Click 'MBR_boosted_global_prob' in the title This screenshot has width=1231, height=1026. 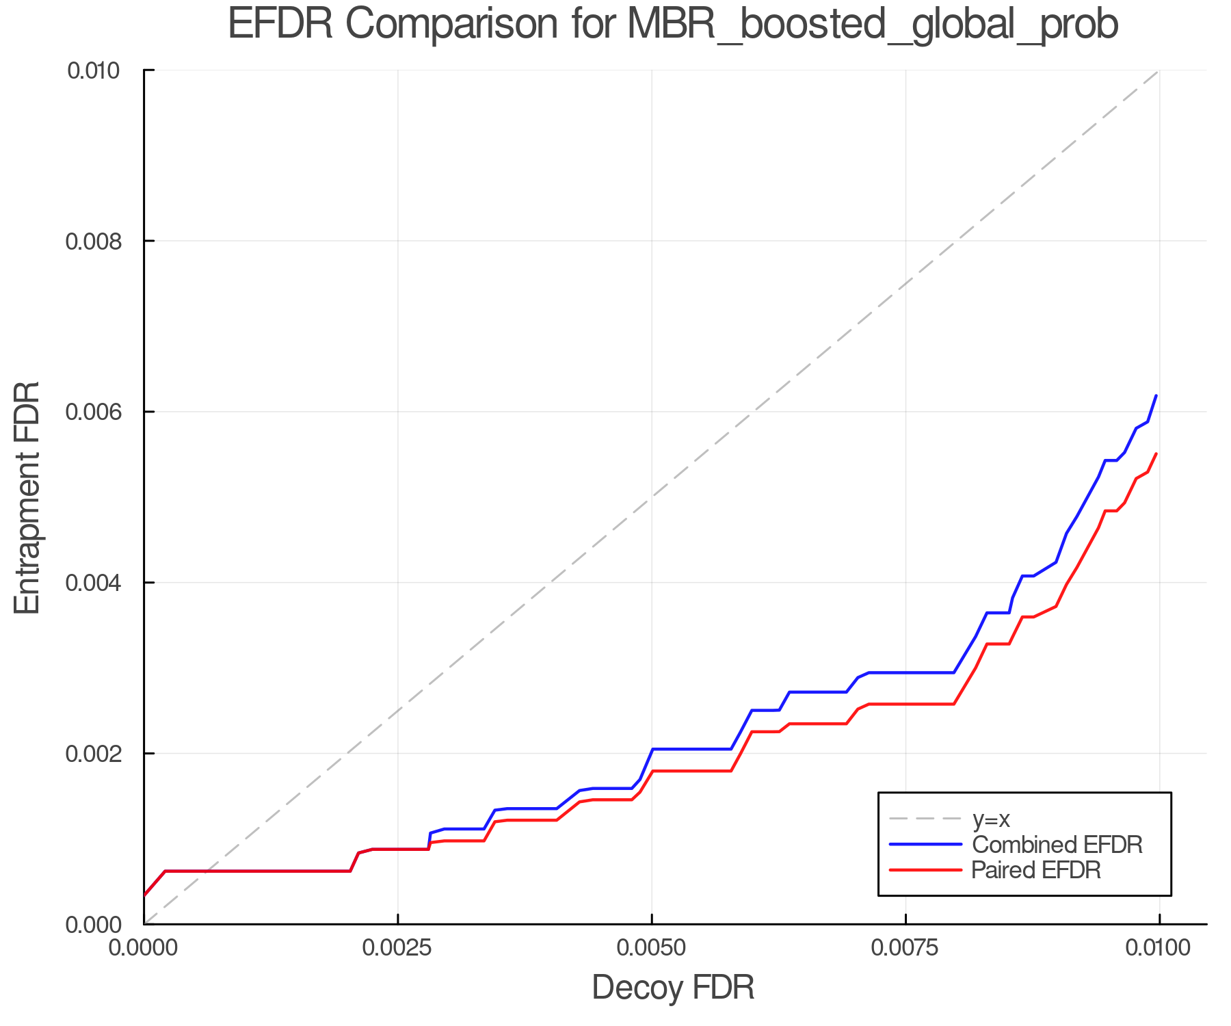[x=872, y=26]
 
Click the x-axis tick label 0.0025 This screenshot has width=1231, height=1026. [x=397, y=948]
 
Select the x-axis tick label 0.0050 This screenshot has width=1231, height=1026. [x=652, y=948]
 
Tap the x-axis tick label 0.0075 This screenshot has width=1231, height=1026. [x=905, y=948]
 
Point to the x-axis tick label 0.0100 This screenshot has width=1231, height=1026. [x=1159, y=948]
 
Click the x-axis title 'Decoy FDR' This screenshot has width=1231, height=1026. [x=673, y=988]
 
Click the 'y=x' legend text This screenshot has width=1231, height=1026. [x=991, y=819]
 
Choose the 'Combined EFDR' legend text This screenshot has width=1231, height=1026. [x=1057, y=845]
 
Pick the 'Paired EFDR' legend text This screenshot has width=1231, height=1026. [x=1036, y=870]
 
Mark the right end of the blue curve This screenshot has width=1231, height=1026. [x=1156, y=396]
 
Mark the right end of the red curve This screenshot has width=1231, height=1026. [x=1156, y=454]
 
